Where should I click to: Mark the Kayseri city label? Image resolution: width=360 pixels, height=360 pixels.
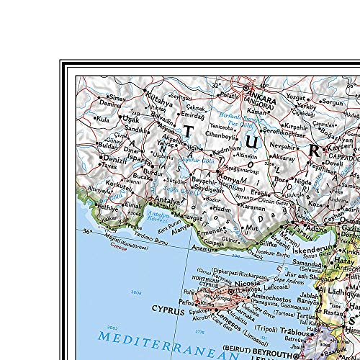pos(343,147)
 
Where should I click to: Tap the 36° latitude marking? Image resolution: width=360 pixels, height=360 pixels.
pos(87,231)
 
